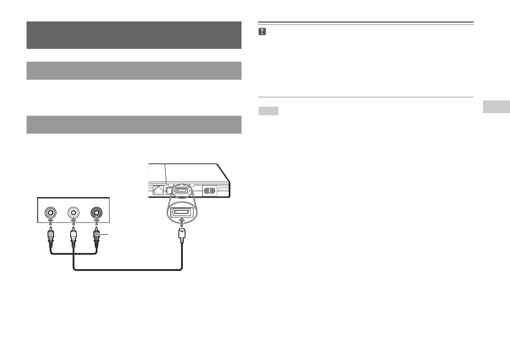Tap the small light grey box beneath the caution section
[x=268, y=111]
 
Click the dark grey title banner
[x=134, y=35]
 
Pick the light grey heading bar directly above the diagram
[x=134, y=124]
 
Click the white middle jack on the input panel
[x=74, y=212]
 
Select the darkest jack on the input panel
[x=96, y=212]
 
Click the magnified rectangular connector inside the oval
[x=182, y=212]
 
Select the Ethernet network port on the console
[x=159, y=190]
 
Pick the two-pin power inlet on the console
[x=210, y=190]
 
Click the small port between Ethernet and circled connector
[x=170, y=191]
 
